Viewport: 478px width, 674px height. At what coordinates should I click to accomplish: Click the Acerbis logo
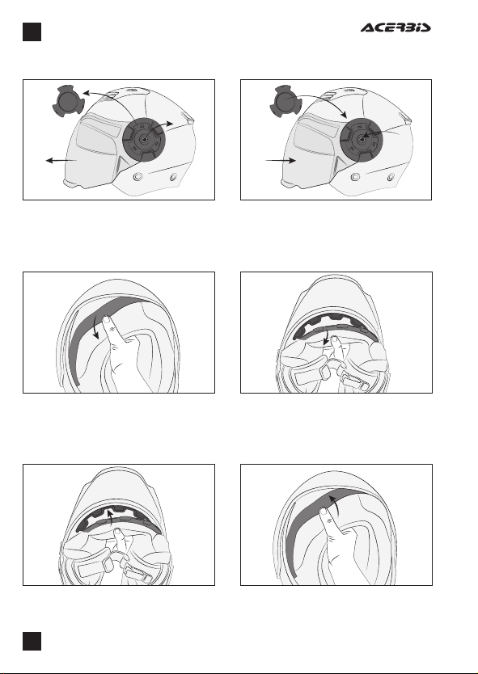tap(396, 28)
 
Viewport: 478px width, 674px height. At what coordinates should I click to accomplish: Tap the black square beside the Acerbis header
tap(32, 32)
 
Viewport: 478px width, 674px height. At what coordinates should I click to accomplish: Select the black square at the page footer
tap(32, 641)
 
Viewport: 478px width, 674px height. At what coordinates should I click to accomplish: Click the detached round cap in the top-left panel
tap(67, 102)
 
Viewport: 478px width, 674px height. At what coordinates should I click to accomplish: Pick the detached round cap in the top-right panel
tap(285, 102)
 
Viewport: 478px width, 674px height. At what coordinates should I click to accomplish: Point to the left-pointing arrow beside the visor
tap(61, 160)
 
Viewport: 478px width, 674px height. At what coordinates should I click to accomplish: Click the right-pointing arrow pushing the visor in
tap(281, 160)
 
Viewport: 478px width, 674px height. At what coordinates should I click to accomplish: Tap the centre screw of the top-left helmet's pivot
tap(144, 139)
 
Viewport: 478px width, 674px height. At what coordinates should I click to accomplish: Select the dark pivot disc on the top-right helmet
tap(362, 140)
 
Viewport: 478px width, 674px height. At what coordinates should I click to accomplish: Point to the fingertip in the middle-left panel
tap(106, 319)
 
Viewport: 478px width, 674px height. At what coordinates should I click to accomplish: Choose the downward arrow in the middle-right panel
tap(327, 336)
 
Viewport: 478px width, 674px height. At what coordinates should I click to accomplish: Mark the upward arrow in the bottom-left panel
tap(111, 517)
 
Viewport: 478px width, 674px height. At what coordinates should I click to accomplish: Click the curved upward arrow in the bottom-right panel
tap(336, 503)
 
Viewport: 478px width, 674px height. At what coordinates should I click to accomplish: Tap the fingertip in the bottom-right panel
tap(324, 511)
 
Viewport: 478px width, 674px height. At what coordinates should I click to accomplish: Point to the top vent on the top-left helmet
tap(130, 91)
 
